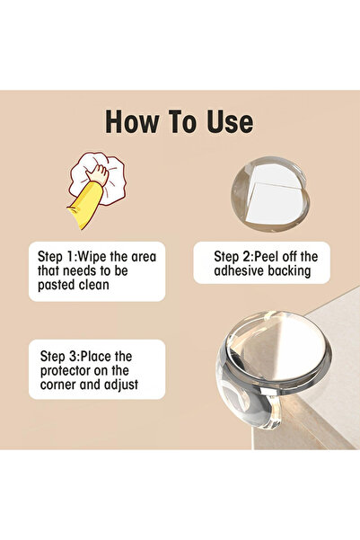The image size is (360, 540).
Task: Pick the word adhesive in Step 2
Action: [227, 270]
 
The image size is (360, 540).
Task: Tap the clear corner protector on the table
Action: [260, 368]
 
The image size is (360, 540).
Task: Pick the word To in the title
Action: [186, 121]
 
